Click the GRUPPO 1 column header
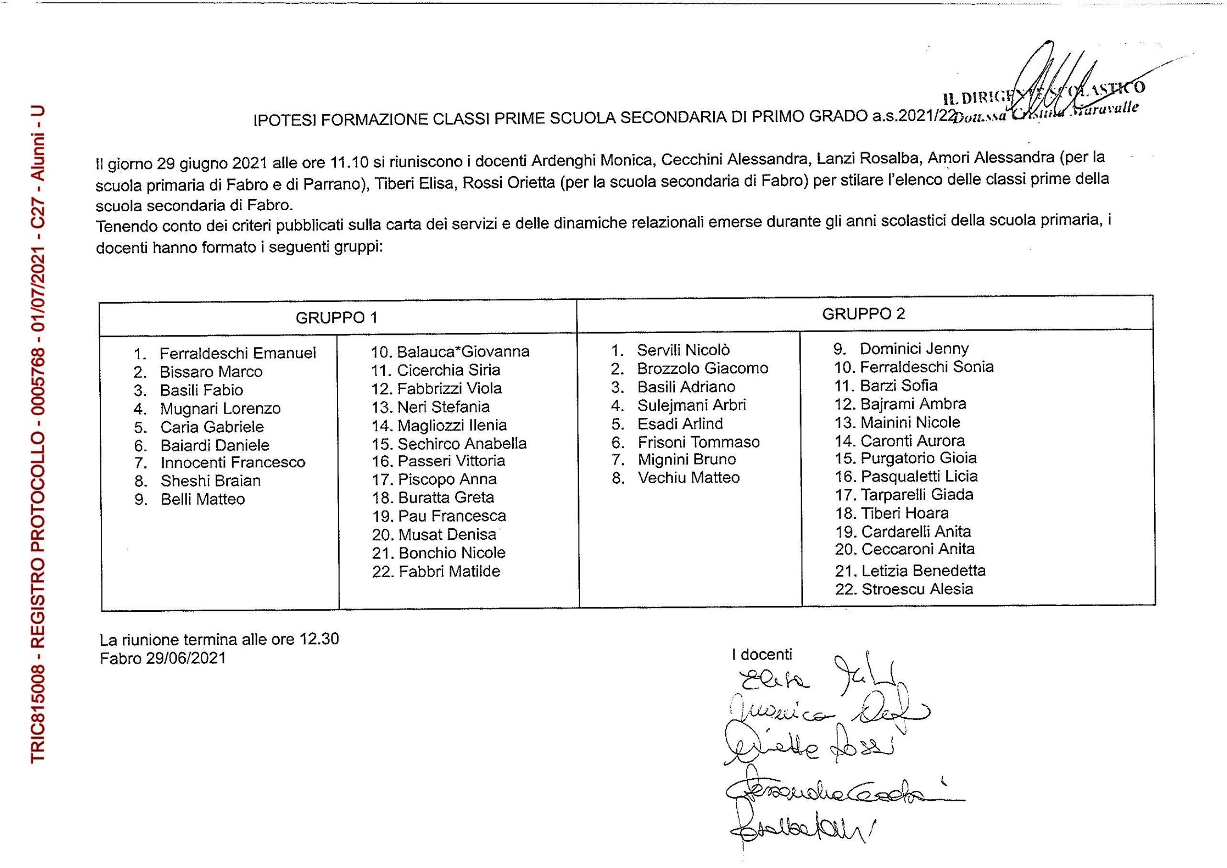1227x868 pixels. click(x=337, y=318)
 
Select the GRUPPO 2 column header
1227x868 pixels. click(x=863, y=314)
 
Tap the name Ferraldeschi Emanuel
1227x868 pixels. click(x=238, y=353)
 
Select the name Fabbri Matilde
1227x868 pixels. click(x=449, y=571)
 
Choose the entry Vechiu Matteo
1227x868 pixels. click(x=688, y=477)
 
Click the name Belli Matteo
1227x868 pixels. click(x=202, y=499)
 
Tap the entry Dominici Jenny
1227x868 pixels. click(x=914, y=348)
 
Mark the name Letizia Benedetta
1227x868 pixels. click(x=923, y=571)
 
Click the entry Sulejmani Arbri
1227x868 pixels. click(x=691, y=405)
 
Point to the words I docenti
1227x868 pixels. click(x=762, y=654)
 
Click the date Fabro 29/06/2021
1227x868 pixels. click(x=163, y=658)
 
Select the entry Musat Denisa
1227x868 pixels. click(x=447, y=535)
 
